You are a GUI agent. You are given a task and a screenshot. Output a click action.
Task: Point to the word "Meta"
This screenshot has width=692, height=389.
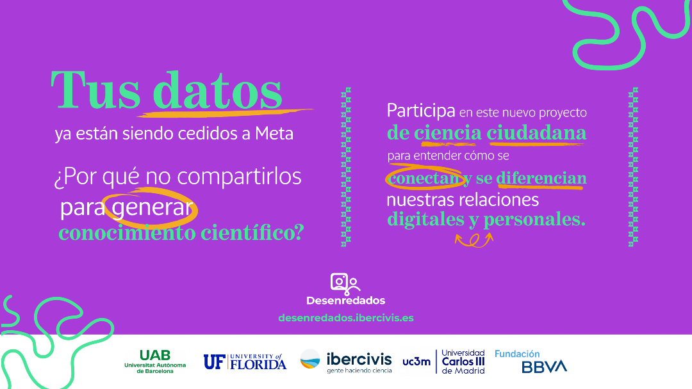tap(274, 134)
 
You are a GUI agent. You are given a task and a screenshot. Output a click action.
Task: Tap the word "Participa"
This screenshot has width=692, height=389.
tap(420, 111)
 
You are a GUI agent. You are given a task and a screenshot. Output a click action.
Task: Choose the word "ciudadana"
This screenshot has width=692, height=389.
tap(536, 132)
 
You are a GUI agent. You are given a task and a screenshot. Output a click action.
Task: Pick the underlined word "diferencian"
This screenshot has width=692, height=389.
tap(541, 178)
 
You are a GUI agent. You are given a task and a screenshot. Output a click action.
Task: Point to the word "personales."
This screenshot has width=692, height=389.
tap(535, 219)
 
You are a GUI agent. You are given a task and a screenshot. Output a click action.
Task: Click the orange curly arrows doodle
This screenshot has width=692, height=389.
tap(474, 239)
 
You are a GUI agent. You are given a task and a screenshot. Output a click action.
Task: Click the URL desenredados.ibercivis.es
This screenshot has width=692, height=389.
tap(346, 317)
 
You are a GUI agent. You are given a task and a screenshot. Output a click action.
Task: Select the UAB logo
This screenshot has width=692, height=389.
tap(155, 361)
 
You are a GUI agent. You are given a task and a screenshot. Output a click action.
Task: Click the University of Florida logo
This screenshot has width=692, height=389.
tap(245, 361)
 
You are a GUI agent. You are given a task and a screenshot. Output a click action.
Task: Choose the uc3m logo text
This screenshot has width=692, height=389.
tap(416, 361)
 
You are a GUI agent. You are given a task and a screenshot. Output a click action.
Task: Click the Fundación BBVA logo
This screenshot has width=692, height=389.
tap(531, 361)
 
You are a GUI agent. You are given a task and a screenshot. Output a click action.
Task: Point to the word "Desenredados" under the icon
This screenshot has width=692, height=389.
tap(346, 300)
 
